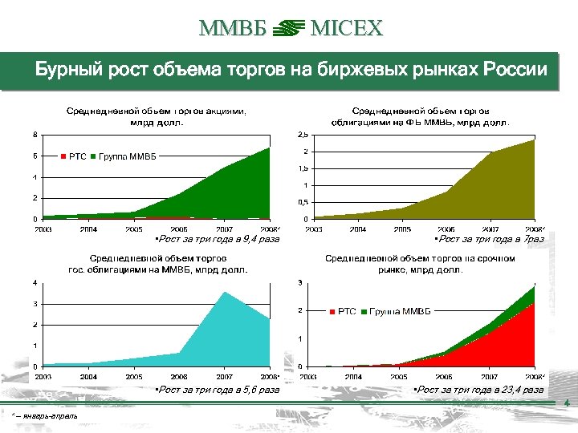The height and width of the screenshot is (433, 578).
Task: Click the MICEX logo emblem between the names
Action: pos(288,30)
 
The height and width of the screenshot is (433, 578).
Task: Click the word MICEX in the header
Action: pos(347,30)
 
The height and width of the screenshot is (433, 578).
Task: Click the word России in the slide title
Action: pos(515,70)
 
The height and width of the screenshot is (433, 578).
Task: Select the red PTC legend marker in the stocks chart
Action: pos(63,156)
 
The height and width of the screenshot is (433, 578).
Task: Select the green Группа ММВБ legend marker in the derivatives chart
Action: pos(365,311)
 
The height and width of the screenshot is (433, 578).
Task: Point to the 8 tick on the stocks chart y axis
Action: pos(34,134)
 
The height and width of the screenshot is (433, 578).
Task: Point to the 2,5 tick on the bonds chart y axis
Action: pos(303,134)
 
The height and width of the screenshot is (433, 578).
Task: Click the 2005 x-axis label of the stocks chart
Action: pos(133,229)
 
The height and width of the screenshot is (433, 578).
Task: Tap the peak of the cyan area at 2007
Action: pos(226,293)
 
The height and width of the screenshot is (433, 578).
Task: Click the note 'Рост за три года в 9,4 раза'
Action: pos(218,239)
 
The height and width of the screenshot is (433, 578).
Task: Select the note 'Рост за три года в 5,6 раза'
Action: pos(218,390)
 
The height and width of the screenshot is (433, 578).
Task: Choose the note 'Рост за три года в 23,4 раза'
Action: pos(478,390)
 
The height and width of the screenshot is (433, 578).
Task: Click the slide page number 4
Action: pos(567,403)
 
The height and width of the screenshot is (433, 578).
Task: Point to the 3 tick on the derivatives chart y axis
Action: pos(300,282)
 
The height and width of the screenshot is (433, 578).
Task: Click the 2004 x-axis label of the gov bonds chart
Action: pos(88,376)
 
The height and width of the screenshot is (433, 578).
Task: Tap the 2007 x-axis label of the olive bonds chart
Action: pos(488,229)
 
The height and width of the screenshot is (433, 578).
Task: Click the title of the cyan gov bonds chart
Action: pos(157,264)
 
